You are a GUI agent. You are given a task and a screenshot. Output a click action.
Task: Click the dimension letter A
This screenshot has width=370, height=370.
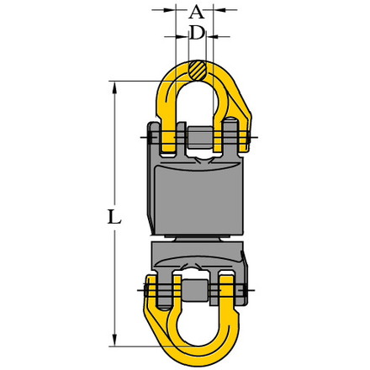(197, 13)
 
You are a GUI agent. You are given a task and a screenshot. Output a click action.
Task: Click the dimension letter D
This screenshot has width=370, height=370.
(197, 33)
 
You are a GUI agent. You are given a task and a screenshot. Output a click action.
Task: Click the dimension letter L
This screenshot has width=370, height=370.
(114, 217)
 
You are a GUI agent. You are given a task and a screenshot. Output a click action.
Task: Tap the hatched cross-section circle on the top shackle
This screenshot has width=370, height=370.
(198, 70)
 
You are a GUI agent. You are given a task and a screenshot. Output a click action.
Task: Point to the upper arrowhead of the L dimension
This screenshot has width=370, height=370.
(114, 87)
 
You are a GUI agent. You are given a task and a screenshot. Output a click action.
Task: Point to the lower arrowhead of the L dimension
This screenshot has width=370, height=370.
(114, 340)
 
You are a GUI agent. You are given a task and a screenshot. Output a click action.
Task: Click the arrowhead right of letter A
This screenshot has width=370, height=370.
(219, 10)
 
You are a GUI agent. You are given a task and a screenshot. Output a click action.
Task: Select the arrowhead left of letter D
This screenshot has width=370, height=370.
(182, 36)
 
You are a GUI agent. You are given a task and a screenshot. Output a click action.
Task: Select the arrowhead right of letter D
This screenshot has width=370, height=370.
(213, 36)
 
